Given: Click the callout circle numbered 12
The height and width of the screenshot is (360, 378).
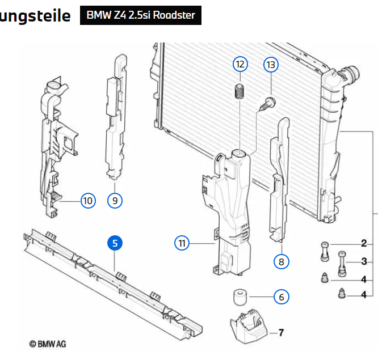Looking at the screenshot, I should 240,64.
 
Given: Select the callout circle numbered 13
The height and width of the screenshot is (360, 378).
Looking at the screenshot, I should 271,65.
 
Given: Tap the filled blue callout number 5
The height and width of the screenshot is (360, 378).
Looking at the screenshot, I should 115,243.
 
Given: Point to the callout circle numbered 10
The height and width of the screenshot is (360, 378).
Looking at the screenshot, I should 87,200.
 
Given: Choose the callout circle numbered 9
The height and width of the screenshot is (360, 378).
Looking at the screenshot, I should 115,200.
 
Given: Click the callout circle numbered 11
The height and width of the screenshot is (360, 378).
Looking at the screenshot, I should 182,243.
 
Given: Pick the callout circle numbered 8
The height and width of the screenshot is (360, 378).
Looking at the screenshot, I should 281,261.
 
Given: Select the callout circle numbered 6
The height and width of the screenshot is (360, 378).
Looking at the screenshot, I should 281,296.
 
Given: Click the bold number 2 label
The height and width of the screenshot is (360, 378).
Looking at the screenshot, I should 364,244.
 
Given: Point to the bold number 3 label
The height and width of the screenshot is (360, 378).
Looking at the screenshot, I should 364,261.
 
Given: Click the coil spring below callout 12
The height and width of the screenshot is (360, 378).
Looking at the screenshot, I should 240,91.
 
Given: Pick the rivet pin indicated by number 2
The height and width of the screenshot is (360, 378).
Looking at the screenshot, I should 325,250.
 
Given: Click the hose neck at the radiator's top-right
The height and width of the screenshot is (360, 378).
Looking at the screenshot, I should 348,74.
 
